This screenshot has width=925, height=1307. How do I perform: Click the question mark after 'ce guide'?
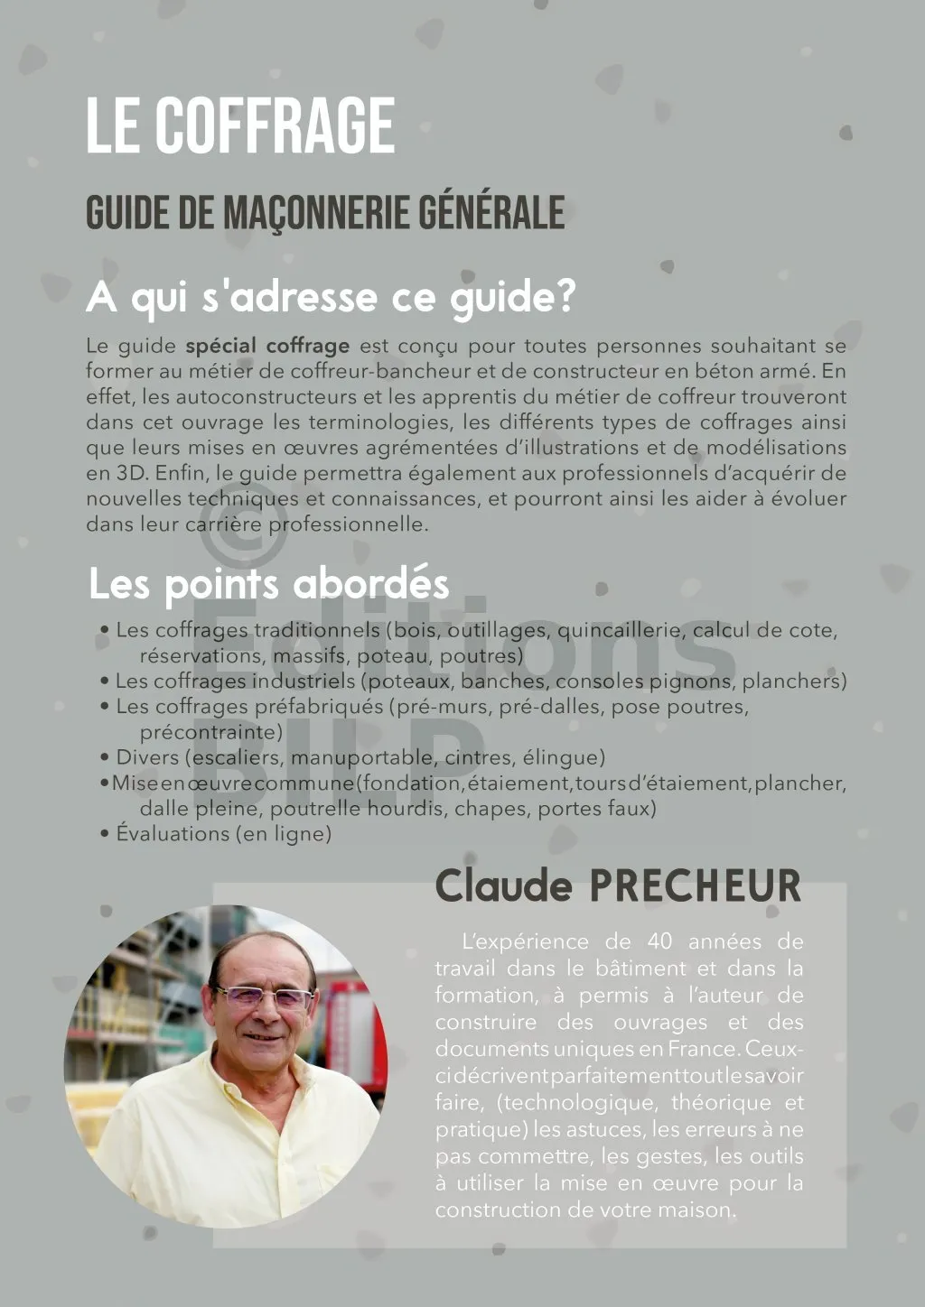[566, 297]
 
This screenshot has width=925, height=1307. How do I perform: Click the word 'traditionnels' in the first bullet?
[316, 630]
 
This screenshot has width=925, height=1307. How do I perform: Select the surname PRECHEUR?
[695, 886]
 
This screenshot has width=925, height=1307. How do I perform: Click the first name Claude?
[503, 886]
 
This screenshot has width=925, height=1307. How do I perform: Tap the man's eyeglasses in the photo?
[263, 996]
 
